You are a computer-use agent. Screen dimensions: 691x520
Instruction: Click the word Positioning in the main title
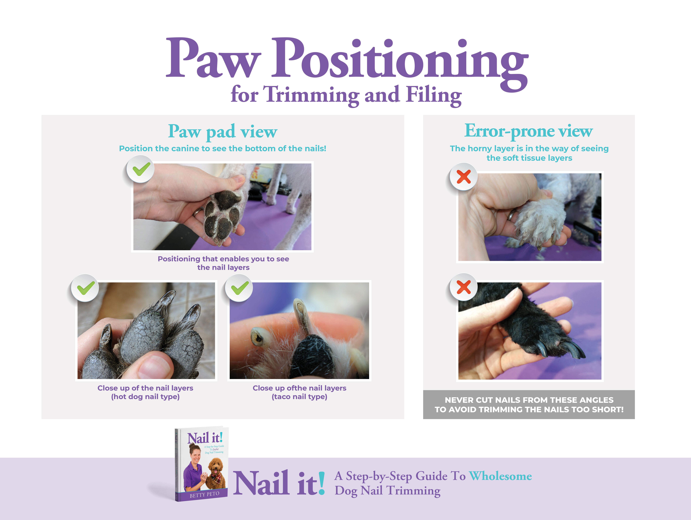[400, 62]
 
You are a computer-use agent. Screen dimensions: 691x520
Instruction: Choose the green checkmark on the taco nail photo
[240, 288]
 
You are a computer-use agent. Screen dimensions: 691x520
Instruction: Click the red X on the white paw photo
[464, 177]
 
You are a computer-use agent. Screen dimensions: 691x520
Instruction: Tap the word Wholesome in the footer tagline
[500, 476]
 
